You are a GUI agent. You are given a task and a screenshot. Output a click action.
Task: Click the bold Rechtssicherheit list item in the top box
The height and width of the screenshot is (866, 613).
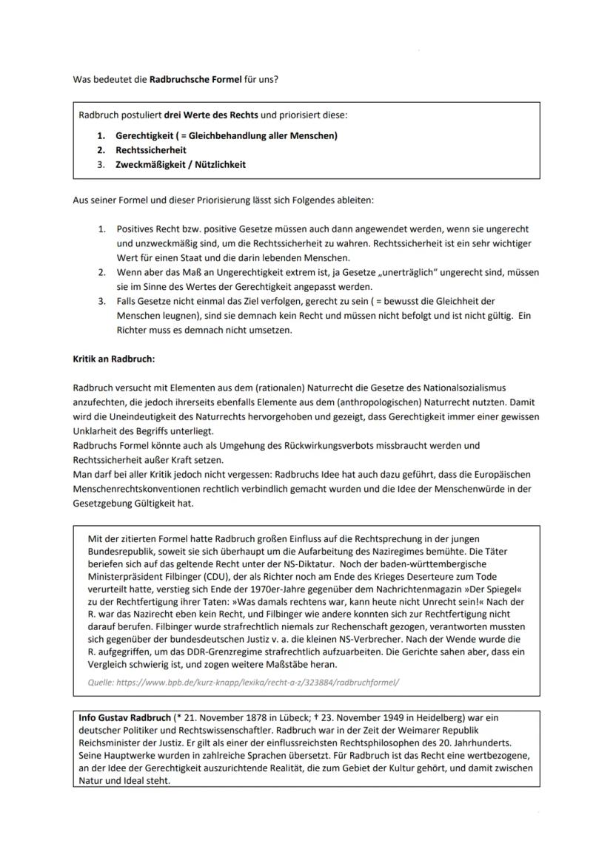click(x=151, y=150)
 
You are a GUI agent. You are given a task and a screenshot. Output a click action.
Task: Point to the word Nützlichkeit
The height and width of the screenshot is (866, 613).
click(x=219, y=164)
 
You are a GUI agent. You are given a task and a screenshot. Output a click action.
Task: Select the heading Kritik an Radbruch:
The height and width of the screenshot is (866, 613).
click(x=113, y=359)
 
